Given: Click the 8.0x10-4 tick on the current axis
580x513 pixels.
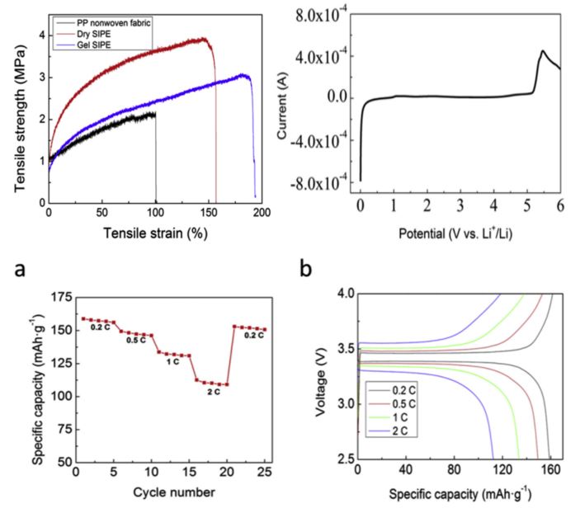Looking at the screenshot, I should pos(318,15).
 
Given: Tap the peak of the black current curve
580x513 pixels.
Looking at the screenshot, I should pos(543,51).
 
